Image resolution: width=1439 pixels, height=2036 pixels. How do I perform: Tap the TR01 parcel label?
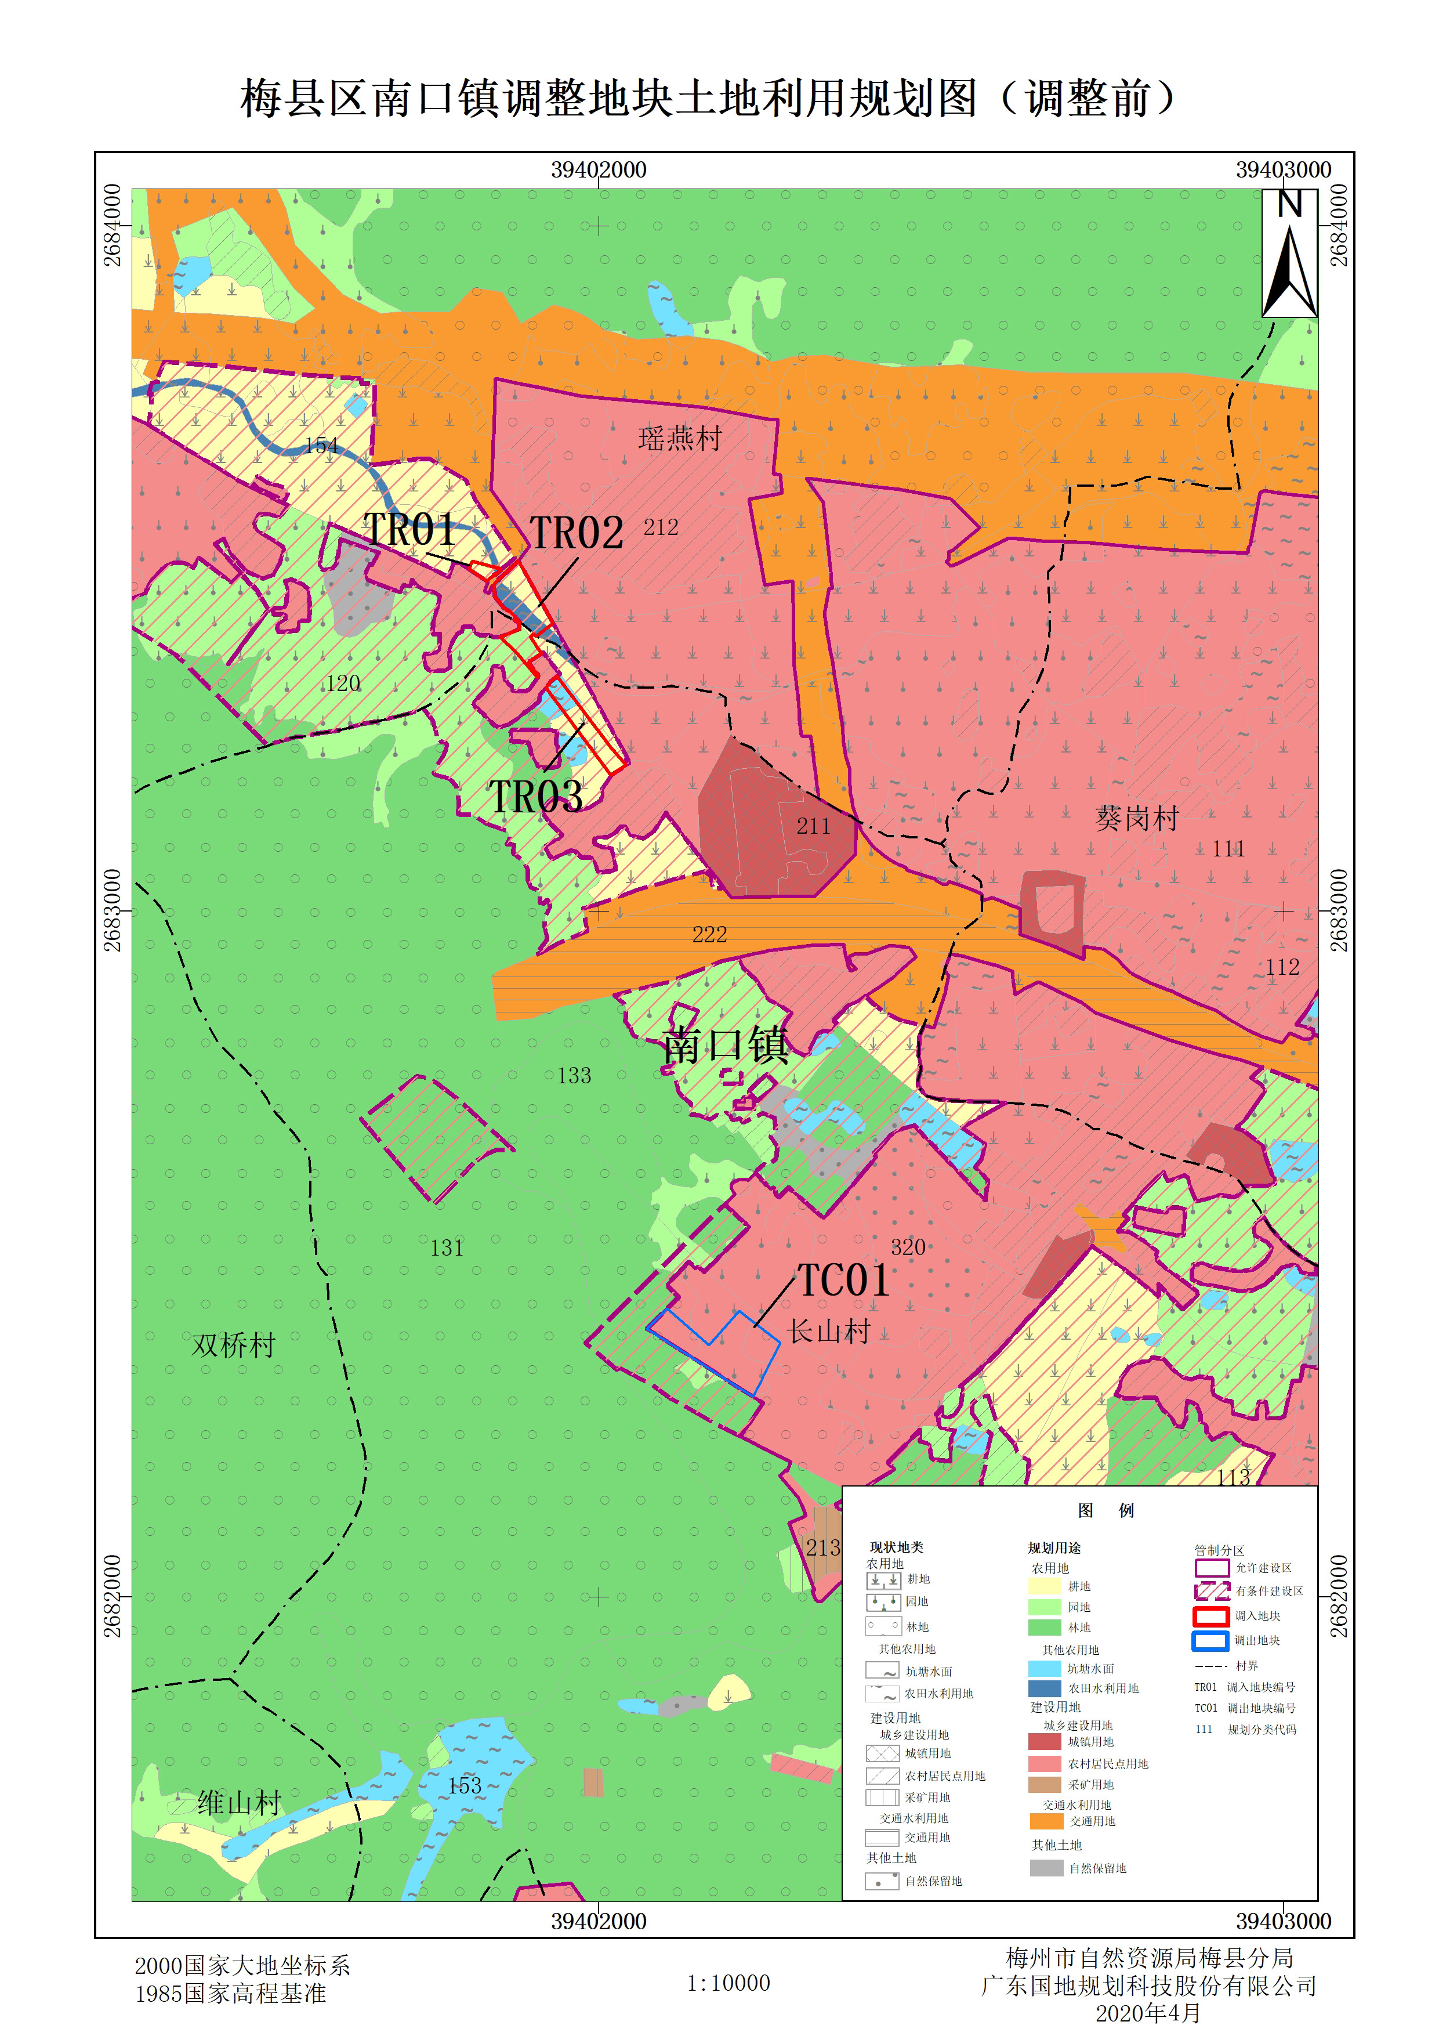(411, 530)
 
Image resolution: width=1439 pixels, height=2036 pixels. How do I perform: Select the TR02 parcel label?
(577, 534)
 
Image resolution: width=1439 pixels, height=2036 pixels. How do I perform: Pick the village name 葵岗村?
(1137, 818)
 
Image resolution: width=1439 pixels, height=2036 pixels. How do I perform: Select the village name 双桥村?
(233, 1345)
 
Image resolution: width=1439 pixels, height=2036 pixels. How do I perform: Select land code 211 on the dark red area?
(813, 826)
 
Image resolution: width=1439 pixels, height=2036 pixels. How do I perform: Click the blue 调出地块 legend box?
(1210, 1640)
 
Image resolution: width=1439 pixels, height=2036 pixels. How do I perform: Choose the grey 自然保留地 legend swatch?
(1046, 1868)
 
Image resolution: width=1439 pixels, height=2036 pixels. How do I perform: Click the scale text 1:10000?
(728, 1983)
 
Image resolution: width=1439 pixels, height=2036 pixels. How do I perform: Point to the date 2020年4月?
(1147, 2013)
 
